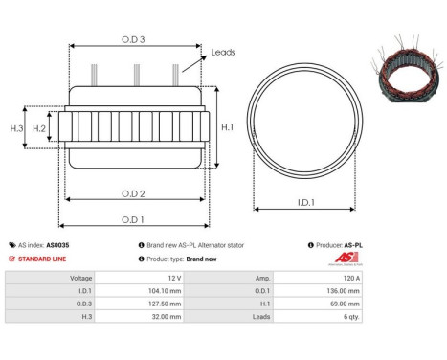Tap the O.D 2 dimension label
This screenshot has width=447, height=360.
pos(133,193)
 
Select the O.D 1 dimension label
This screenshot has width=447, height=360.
pos(133,219)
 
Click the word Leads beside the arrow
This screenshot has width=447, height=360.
pos(223,52)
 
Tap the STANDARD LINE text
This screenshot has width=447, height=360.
pos(43,259)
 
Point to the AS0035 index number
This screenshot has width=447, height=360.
pos(58,245)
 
